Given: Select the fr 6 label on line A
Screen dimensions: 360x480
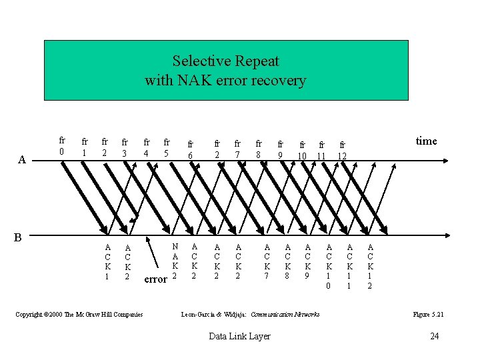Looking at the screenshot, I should pos(190,149).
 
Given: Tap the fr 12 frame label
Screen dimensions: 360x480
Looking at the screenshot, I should pos(343,149).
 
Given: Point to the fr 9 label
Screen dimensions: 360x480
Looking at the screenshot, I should pos(281,149).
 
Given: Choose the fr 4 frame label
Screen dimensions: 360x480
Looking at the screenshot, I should pos(146,147).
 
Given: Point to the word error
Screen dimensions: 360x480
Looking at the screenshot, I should pos(155,279).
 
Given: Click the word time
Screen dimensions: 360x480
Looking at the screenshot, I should pos(426,141).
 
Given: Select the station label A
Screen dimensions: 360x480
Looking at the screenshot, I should pos(22,160).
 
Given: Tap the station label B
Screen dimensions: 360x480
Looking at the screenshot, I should pos(19,237).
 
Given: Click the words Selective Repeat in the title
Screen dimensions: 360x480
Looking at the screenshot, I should pos(225,61).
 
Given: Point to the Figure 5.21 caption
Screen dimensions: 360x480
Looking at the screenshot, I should pos(428,314).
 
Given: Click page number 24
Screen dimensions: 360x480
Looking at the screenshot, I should pos(434,336).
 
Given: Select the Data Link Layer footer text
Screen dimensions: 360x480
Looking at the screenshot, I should pos(239,336).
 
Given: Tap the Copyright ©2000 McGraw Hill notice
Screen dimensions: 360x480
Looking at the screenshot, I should pos(79,314).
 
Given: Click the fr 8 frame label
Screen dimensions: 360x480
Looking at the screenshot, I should pos(259,147).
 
